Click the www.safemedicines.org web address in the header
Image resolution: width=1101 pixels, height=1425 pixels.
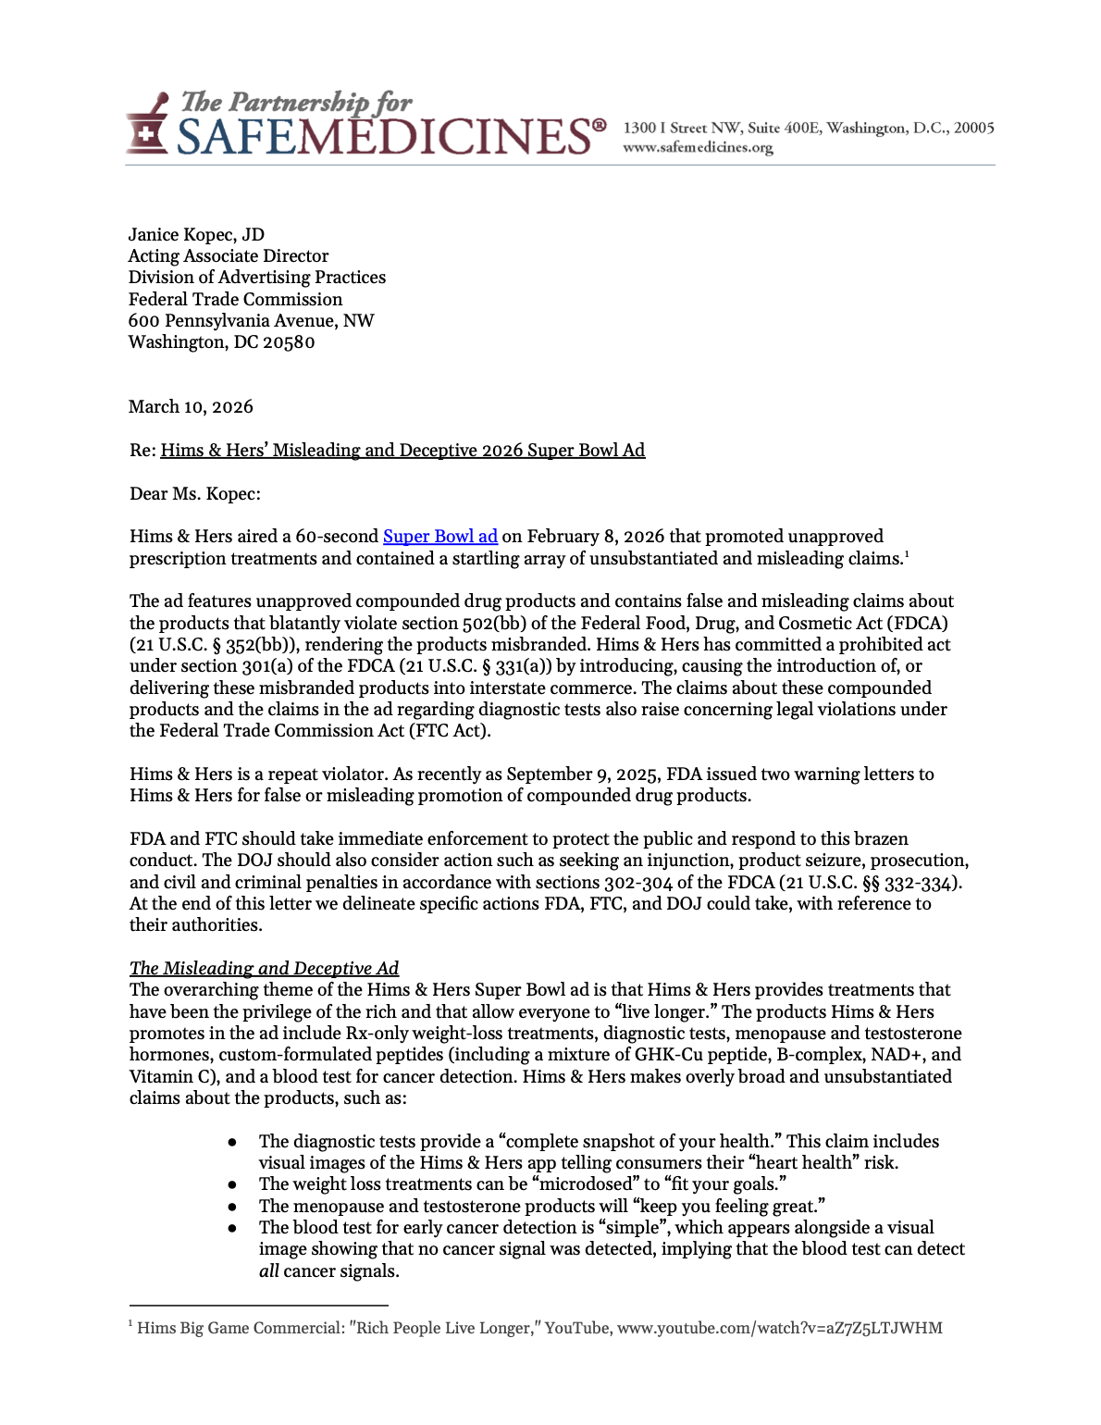(698, 148)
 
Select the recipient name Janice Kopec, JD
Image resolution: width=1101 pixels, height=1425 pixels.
(196, 235)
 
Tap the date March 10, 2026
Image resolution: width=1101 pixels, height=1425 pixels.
(191, 407)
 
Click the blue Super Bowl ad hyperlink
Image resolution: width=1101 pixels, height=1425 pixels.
(440, 537)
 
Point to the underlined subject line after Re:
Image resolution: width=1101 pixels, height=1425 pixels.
(402, 451)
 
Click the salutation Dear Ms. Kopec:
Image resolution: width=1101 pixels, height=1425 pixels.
(195, 494)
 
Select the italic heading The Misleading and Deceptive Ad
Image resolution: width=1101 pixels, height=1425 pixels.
(264, 969)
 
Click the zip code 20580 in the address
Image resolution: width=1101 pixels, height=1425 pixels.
(289, 342)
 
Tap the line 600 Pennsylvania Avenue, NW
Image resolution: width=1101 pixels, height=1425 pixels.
(251, 321)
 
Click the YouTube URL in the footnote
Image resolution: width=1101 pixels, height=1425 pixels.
(779, 1329)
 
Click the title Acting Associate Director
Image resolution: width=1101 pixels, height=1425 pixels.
(229, 256)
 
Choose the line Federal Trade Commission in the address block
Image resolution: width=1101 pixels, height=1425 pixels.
(235, 300)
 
